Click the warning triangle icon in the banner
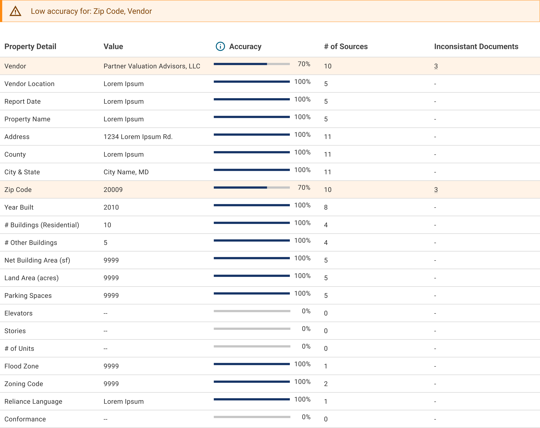point(15,11)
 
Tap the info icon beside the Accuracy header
point(220,46)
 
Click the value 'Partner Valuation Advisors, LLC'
point(152,66)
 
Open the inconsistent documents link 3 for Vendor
point(436,66)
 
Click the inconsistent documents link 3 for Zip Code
point(436,190)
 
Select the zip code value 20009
point(113,190)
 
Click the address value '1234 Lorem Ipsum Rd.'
point(138,137)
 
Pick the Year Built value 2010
point(111,208)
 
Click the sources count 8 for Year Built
point(326,208)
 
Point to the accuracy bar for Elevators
point(252,311)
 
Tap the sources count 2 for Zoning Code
point(326,384)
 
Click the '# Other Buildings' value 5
point(105,243)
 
